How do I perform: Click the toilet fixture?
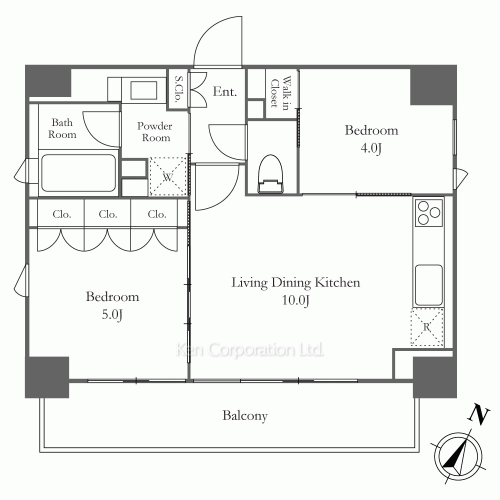coord(270,174)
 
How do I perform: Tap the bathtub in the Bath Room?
coord(78,173)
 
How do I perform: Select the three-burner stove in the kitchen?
coord(428,212)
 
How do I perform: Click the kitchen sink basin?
coord(428,284)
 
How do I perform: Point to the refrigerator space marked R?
coord(427,327)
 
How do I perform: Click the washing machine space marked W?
coord(168,176)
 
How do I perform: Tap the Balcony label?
coord(245,416)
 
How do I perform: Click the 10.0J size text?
coord(295,300)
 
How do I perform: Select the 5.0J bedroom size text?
coord(112,315)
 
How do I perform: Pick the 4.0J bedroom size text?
coord(371,148)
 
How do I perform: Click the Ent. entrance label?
coord(225,92)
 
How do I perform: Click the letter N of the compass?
coord(478,414)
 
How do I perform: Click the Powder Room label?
coord(155,131)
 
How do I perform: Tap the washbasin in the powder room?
coord(143,90)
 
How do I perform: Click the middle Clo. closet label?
coord(108,214)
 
